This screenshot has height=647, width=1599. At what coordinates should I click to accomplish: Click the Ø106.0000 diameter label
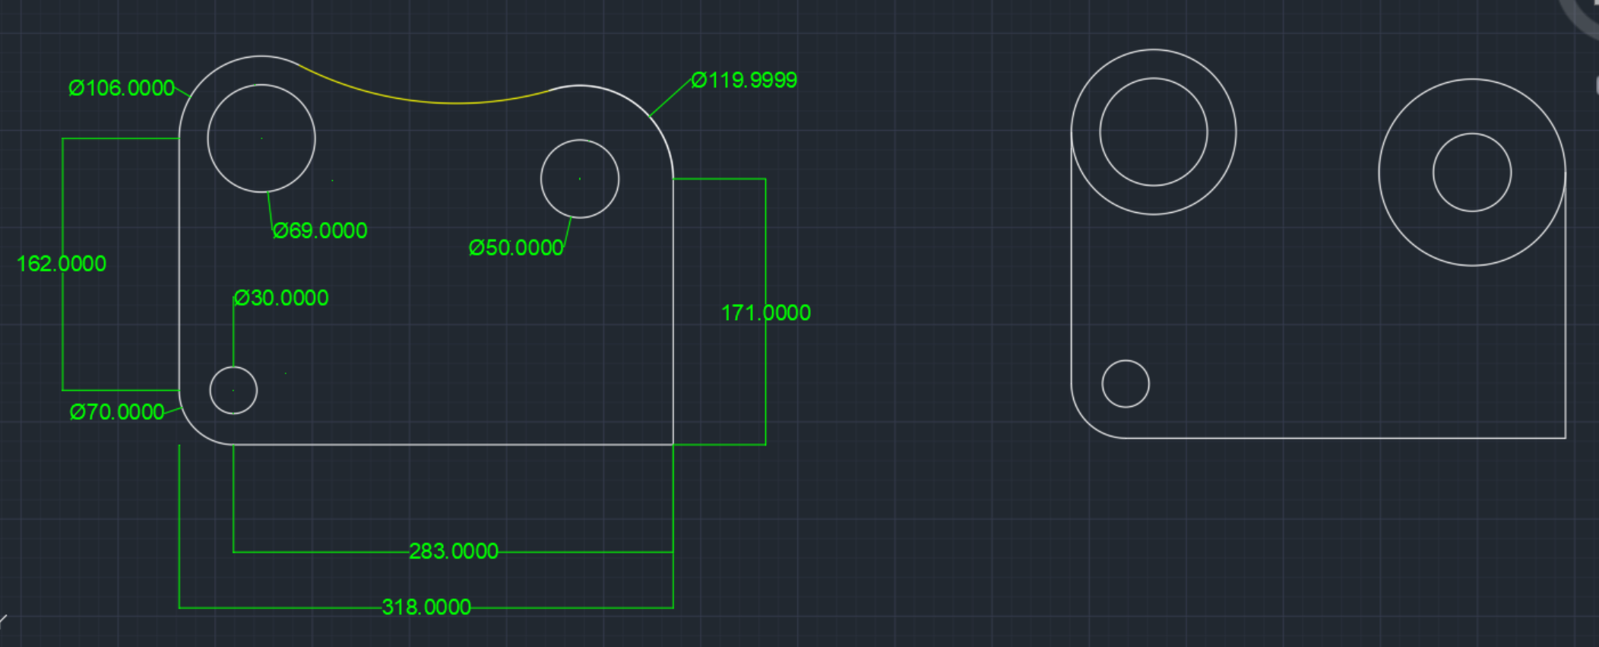tap(122, 88)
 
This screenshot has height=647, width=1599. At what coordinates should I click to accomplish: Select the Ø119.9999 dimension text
tap(744, 81)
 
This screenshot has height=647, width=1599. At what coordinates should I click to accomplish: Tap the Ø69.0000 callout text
tap(320, 230)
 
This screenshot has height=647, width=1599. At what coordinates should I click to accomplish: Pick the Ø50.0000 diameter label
tap(516, 248)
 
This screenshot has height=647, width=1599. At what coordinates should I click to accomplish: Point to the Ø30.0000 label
tap(281, 298)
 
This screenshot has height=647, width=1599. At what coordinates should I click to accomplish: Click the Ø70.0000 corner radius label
tap(117, 412)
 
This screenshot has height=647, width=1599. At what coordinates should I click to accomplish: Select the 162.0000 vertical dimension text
tap(61, 264)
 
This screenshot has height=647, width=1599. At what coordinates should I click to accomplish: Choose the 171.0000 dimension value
tap(765, 312)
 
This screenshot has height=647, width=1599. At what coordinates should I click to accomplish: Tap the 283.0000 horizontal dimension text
tap(454, 551)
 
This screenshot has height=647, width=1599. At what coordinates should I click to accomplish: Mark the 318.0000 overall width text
tap(426, 607)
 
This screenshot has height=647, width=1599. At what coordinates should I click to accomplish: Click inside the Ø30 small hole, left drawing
tap(233, 390)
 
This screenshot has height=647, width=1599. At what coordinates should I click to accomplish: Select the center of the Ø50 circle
tap(580, 179)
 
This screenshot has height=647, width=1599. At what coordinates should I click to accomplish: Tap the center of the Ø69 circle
tap(261, 138)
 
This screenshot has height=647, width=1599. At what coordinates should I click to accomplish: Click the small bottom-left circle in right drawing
tap(1126, 384)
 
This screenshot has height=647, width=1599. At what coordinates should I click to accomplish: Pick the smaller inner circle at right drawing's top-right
tap(1472, 173)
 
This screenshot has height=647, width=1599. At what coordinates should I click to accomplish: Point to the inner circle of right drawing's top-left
tap(1154, 132)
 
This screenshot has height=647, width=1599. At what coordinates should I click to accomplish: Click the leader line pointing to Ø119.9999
tap(670, 97)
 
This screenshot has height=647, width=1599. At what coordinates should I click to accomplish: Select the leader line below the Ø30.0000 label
tap(233, 335)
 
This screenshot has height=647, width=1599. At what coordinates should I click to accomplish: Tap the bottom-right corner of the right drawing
tap(1566, 438)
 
